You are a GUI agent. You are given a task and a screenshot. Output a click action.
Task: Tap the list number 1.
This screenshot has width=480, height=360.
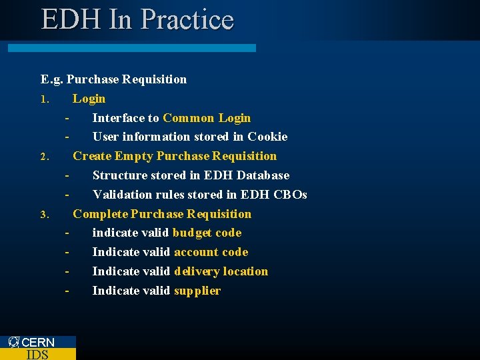point(45,99)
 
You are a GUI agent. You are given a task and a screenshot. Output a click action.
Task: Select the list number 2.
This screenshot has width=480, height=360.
point(45,157)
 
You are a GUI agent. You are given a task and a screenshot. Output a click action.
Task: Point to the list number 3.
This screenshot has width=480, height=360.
point(45,215)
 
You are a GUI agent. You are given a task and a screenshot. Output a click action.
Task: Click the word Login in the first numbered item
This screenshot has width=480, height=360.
point(89,99)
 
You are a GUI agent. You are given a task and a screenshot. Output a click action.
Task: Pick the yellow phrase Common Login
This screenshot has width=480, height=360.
point(207,118)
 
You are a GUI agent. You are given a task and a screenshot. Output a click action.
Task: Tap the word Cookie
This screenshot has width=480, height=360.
point(267,137)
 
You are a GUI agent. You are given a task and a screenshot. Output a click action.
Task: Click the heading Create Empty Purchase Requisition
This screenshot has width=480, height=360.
point(175,156)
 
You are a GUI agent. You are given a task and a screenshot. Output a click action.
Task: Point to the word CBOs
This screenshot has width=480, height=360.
point(291,195)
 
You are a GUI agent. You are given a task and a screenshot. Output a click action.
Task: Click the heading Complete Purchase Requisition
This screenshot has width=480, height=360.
point(162,214)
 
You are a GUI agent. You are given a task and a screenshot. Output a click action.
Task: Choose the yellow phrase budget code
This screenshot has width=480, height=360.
point(207,233)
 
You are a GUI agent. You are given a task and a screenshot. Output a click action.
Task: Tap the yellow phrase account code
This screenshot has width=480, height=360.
point(211,252)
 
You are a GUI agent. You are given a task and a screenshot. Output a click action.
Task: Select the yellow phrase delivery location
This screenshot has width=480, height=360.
point(221,271)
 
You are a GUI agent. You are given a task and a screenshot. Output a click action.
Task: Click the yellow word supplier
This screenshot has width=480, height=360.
point(197,291)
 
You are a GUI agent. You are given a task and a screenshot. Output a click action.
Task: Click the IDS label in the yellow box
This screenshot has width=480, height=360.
point(37,354)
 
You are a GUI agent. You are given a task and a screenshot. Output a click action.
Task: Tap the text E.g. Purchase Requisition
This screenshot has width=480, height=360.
point(113,79)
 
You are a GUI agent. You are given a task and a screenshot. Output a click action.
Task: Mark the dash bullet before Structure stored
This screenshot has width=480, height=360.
point(67,175)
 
